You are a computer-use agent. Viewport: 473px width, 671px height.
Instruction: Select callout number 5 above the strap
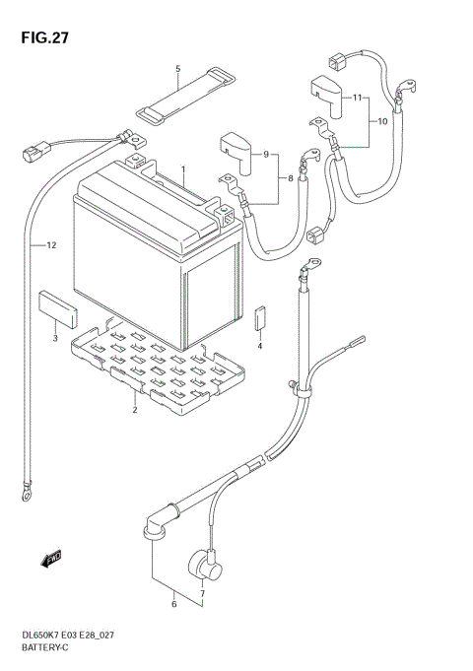(x=178, y=68)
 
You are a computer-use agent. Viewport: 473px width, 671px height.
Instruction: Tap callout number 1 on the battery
(x=183, y=169)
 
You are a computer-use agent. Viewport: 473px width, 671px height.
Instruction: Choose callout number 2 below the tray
(x=134, y=411)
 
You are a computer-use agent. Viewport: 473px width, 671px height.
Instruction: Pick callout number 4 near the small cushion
(x=260, y=346)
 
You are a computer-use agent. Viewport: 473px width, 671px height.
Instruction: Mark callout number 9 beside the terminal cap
(x=265, y=154)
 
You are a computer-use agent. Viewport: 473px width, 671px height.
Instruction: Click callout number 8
(x=289, y=178)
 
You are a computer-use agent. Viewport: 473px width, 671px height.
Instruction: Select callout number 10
(x=382, y=123)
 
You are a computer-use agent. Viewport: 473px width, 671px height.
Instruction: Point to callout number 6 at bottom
(x=173, y=603)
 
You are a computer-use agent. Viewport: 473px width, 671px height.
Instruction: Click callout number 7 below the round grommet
(x=202, y=593)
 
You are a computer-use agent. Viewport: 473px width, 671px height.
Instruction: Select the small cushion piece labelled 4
(x=260, y=318)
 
